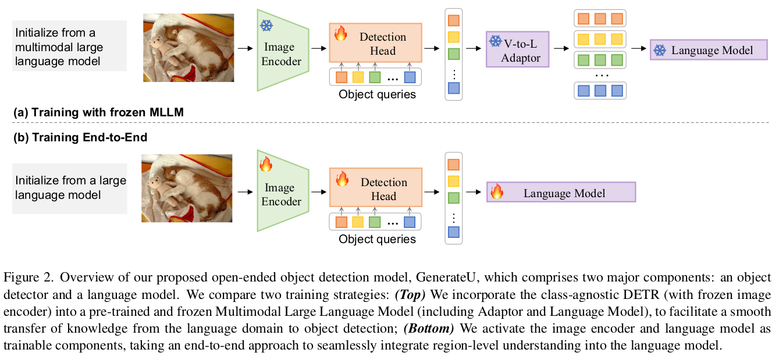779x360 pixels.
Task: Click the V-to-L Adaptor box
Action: [517, 49]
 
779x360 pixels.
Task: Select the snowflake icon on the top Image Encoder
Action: [266, 26]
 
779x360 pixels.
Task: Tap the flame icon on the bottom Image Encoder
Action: [266, 164]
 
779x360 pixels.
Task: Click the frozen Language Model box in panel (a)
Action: [709, 49]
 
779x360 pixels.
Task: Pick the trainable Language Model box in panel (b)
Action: [561, 192]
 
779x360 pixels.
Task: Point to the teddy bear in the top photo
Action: [164, 51]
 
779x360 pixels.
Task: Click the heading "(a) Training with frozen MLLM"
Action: [98, 112]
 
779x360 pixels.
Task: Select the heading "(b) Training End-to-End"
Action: [80, 137]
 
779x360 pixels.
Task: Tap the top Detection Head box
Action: [376, 42]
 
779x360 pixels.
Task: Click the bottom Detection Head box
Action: [376, 188]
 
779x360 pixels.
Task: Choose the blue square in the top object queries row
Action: [410, 77]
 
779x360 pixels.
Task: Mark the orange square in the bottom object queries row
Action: [341, 222]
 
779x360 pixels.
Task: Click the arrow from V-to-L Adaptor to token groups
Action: [561, 49]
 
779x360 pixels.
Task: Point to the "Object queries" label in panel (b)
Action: [378, 239]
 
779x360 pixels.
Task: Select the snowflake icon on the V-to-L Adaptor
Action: [495, 41]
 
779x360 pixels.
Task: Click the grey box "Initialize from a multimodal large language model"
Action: [70, 46]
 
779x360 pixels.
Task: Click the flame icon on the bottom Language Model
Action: [497, 191]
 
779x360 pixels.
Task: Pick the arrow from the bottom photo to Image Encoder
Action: [245, 192]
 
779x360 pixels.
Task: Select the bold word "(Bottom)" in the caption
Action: [429, 329]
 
